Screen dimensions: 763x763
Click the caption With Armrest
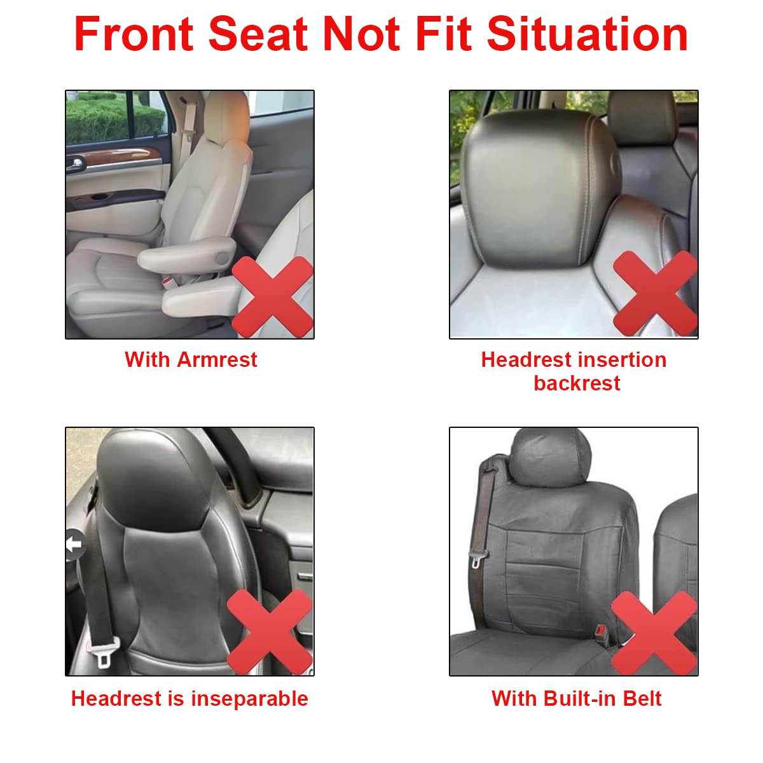pos(191,360)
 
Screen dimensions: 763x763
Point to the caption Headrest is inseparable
pos(189,699)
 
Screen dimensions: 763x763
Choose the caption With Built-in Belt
pos(576,699)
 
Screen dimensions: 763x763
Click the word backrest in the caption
pos(577,383)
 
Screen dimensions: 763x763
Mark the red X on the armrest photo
pos(273,296)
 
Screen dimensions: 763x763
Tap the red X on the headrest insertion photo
pos(655,292)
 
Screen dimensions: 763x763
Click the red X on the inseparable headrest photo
pos(270,631)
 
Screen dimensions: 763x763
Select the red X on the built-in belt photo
pos(654,633)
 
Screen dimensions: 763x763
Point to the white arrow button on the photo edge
pos(74,544)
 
